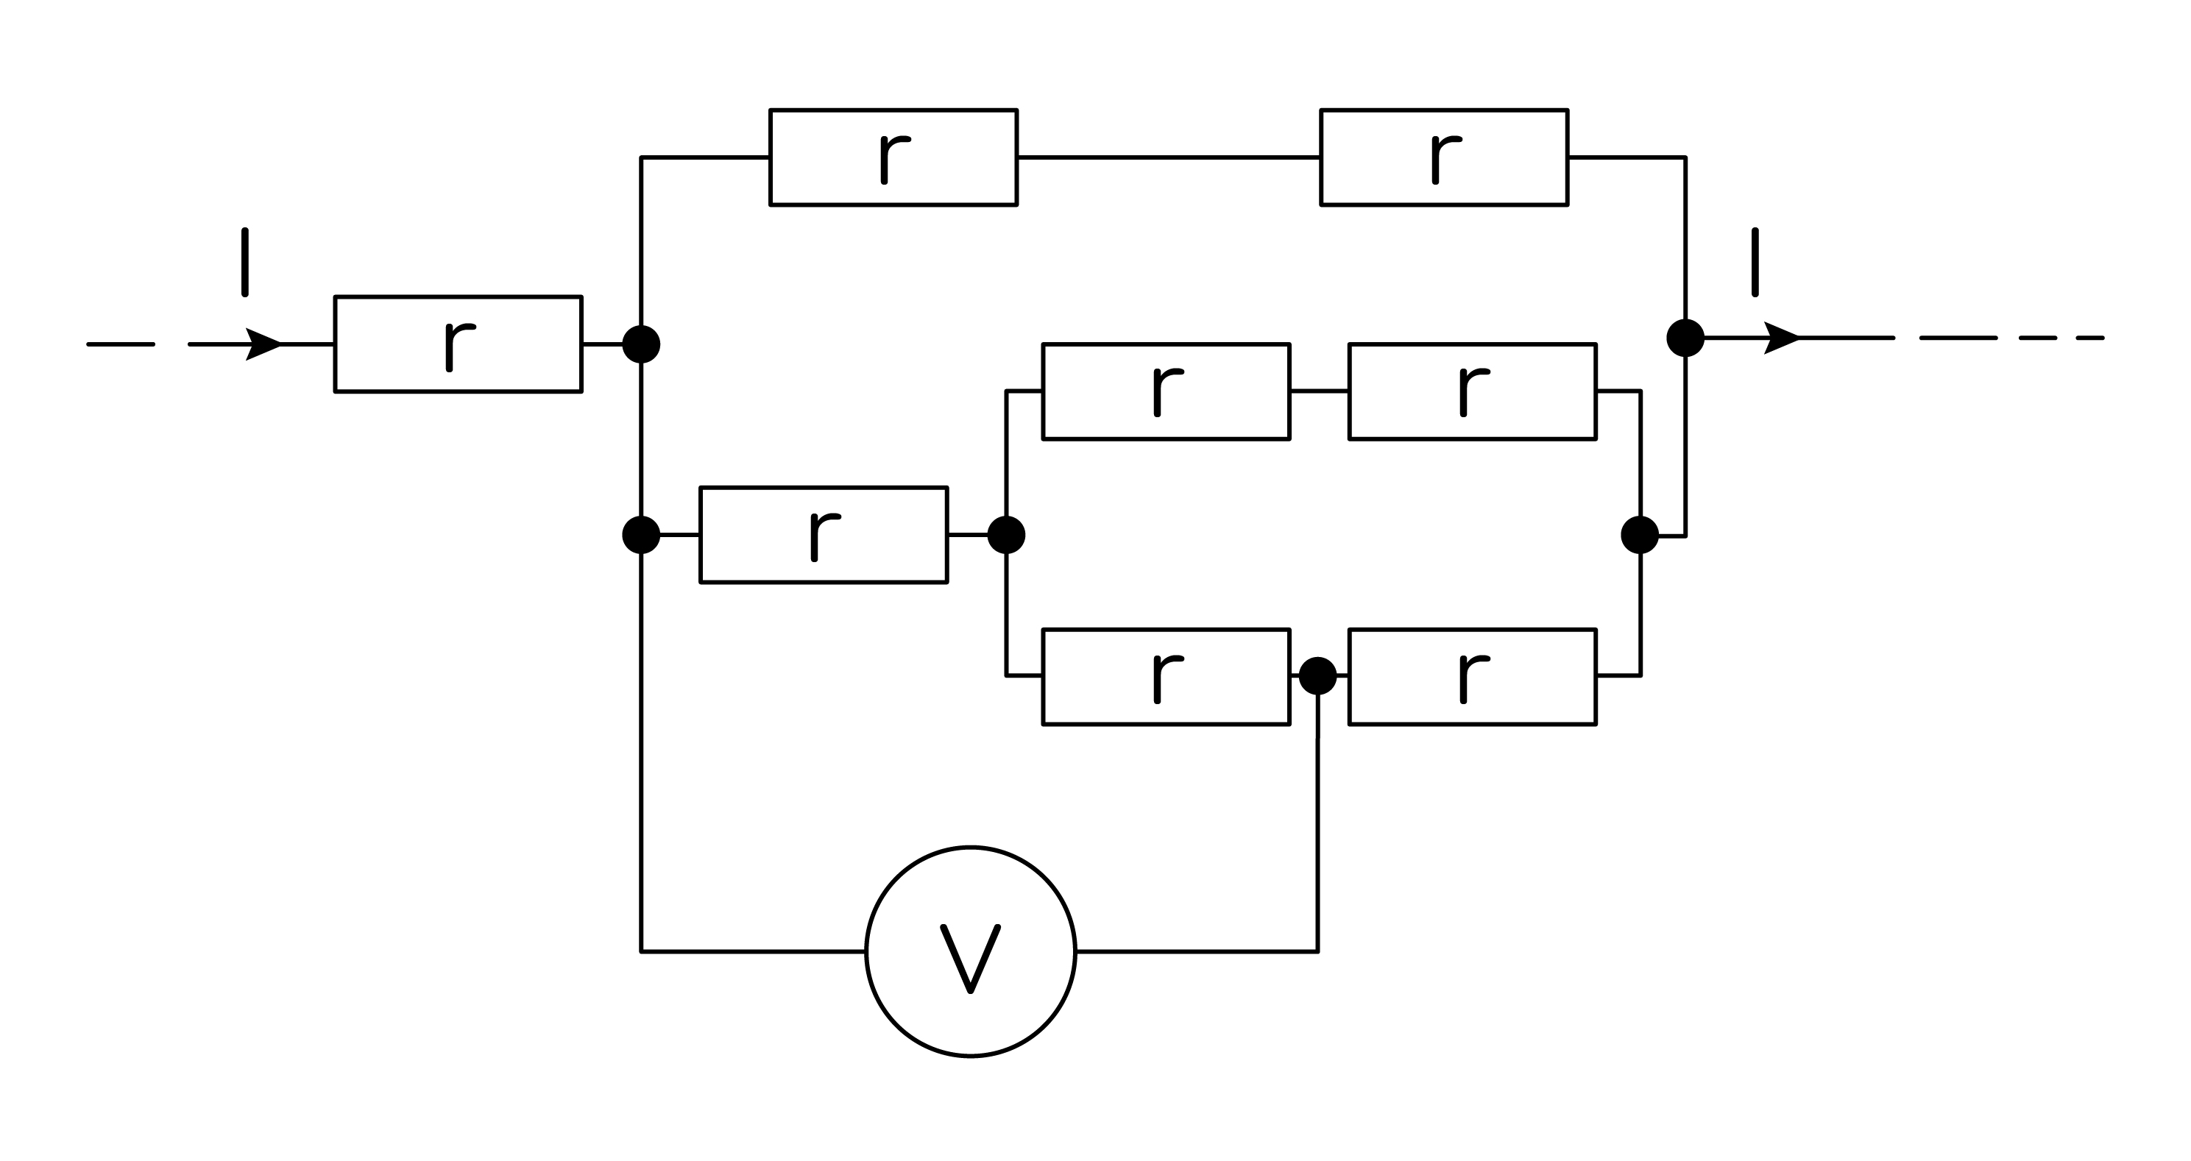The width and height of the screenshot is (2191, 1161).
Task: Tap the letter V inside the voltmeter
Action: coord(971,959)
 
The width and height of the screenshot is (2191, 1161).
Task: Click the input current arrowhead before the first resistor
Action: coord(263,344)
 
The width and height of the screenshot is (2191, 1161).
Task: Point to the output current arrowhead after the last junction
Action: coord(1782,338)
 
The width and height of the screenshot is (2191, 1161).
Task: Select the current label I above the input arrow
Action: coord(245,262)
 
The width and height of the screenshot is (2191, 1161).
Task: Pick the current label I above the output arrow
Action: coord(1755,262)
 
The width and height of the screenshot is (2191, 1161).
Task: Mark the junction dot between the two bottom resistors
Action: coord(1318,676)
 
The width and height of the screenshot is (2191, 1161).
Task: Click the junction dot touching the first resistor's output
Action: coord(641,344)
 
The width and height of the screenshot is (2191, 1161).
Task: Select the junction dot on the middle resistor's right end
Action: coord(1006,535)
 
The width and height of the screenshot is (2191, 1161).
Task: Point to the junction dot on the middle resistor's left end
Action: coord(641,535)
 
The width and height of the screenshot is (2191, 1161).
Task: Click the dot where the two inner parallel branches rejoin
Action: coord(1640,535)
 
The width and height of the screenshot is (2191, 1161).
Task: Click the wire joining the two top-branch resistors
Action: coord(1169,157)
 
